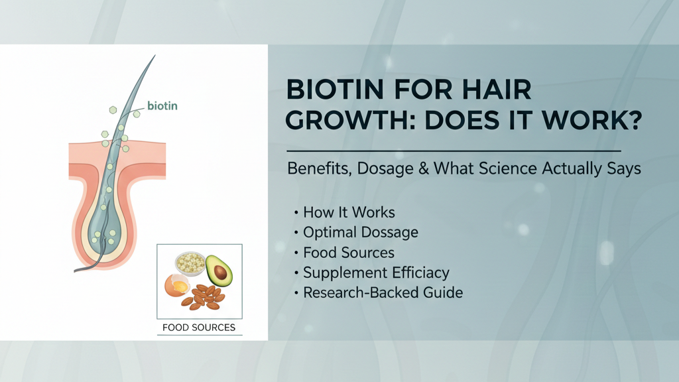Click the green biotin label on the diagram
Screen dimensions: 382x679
pos(162,105)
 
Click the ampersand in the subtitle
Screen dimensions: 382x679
pos(425,169)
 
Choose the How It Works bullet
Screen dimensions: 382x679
pos(349,213)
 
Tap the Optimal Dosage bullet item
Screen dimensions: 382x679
pos(361,233)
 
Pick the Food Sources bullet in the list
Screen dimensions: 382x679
pos(349,253)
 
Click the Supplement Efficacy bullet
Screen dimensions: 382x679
pos(376,273)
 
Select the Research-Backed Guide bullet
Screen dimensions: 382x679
pos(383,292)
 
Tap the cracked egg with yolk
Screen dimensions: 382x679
pos(176,286)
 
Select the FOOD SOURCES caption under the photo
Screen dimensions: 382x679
pos(199,328)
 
